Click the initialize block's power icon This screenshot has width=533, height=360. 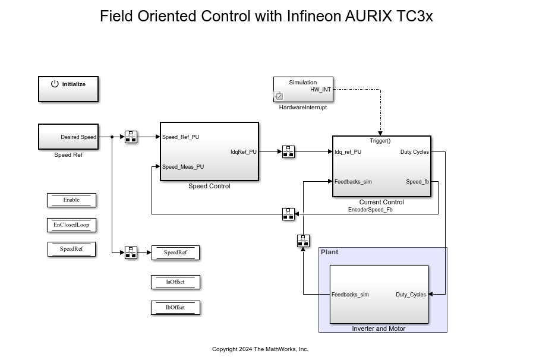pos(55,84)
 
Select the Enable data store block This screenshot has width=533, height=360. pos(71,200)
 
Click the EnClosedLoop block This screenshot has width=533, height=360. pos(71,225)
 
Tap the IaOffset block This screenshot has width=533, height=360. pos(175,282)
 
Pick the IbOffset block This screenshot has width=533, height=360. pos(175,308)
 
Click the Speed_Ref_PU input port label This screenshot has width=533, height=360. pos(181,137)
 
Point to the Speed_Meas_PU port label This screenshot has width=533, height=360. pos(183,167)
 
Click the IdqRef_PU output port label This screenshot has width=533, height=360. pos(244,152)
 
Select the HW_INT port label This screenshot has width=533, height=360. pos(321,90)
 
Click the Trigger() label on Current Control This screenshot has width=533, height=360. pos(380,141)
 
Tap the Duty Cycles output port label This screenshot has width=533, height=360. pos(414,152)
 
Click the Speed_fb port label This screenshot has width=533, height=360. pos(417,182)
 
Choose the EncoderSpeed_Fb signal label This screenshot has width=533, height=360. pos(370,210)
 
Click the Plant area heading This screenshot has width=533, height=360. pos(329,252)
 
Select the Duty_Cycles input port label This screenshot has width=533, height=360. pos(411,295)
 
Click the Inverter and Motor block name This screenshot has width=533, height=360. pos(379,329)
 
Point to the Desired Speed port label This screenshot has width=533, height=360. pos(78,137)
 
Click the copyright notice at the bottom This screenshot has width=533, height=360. pos(260,349)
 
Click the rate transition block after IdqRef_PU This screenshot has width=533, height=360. pos(288,152)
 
